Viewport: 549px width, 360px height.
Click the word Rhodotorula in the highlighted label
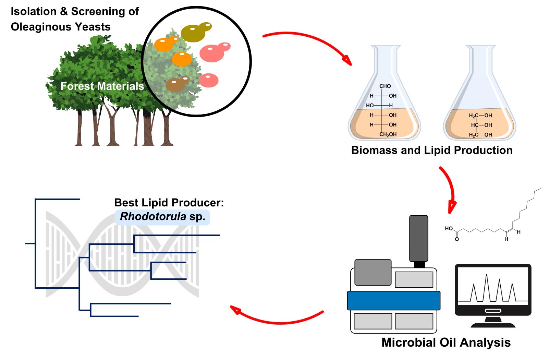153,217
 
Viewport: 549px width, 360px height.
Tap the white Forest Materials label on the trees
102,86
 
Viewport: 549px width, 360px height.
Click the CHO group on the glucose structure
385,86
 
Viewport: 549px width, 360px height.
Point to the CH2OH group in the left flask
388,134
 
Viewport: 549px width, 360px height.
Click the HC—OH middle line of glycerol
481,125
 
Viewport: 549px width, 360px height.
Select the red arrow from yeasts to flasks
308,41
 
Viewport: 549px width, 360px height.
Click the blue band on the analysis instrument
393,301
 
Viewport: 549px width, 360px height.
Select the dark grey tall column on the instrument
418,238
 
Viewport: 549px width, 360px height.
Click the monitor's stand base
493,324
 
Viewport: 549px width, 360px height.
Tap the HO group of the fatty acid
449,229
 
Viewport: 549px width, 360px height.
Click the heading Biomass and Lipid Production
432,150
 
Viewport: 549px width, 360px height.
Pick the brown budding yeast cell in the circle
176,85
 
